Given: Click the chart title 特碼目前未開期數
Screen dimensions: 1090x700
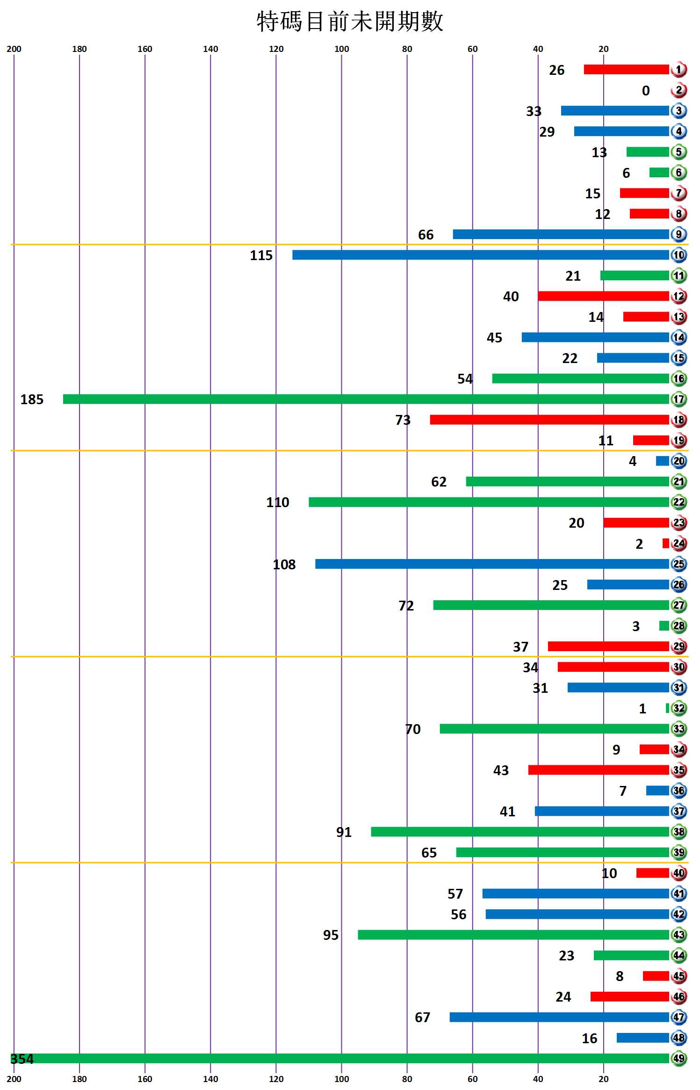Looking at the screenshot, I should coord(350,22).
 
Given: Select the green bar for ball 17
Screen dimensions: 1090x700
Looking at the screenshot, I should coord(366,399).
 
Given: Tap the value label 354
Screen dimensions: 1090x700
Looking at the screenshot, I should coord(22,1059).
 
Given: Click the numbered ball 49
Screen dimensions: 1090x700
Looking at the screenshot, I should coord(678,1058).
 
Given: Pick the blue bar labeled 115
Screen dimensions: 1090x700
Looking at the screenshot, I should coord(481,255).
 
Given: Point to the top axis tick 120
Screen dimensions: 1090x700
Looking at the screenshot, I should coord(276,49).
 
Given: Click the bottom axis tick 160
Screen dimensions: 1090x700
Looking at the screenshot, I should coord(145,1079).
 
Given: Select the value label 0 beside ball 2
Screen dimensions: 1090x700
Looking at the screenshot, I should coord(646,91).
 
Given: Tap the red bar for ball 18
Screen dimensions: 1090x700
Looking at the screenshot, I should coord(549,420).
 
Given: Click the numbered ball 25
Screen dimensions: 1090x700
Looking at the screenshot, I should coord(678,564).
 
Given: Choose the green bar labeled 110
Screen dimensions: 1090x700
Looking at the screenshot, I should coord(489,502).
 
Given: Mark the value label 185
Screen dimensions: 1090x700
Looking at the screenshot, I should coord(32,400).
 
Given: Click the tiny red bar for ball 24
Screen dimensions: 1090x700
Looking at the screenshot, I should coord(665,543).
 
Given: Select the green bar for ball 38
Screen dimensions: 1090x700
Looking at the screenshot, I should coord(520,832).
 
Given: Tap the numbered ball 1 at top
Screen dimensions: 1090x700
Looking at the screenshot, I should coord(678,70).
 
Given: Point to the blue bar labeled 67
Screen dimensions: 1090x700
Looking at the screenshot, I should coord(559,1017).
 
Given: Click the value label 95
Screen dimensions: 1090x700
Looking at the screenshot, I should coord(331,935).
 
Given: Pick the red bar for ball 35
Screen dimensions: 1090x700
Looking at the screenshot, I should coord(599,770).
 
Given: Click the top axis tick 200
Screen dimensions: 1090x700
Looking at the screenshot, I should coord(14,49).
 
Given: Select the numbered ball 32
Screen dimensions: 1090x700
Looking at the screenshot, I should coord(678,708).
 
